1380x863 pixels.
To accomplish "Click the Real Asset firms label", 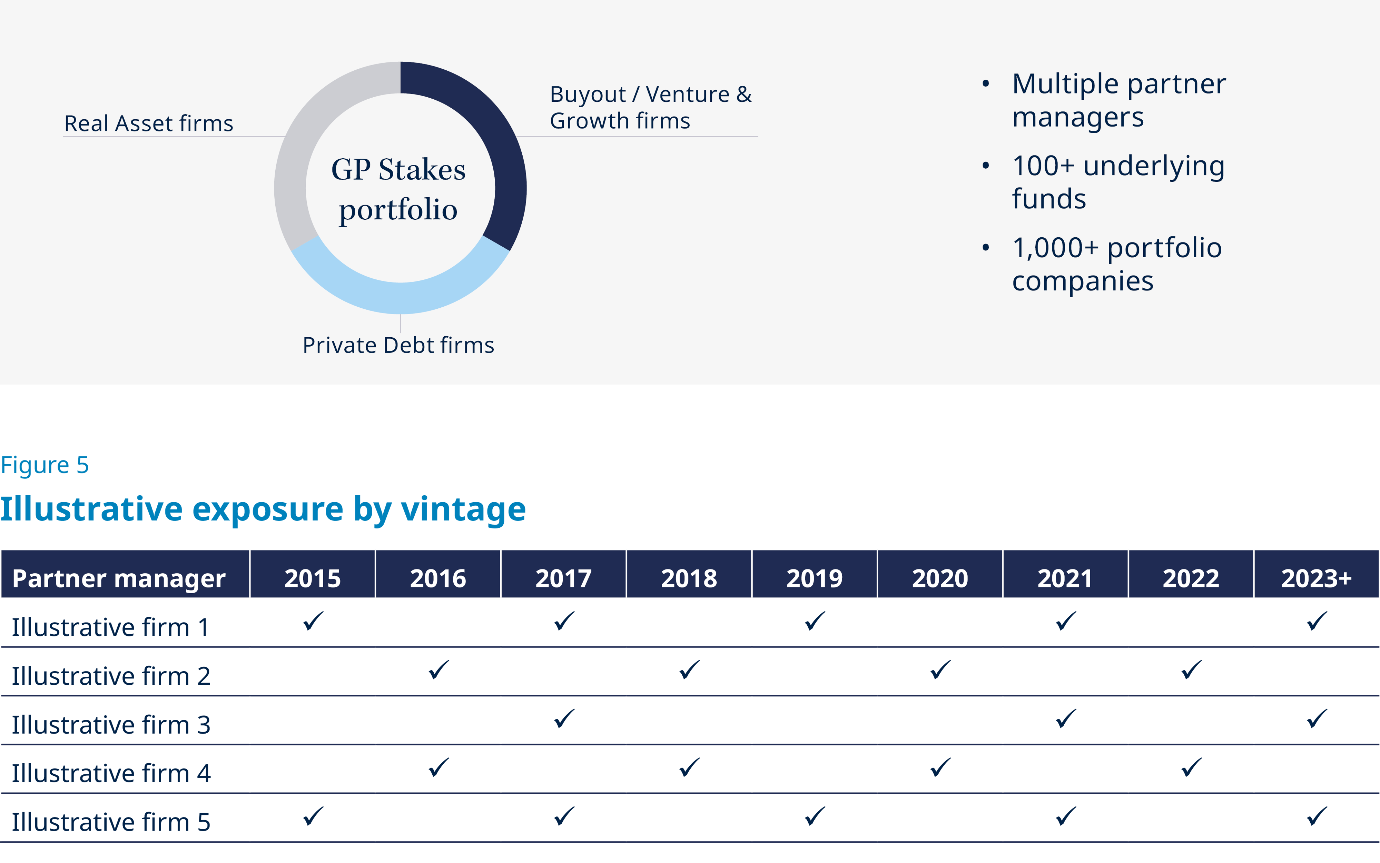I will pyautogui.click(x=148, y=123).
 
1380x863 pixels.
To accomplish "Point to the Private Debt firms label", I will pyautogui.click(x=398, y=345).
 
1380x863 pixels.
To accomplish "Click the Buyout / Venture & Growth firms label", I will pyautogui.click(x=650, y=107).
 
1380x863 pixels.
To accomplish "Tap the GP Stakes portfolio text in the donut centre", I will pyautogui.click(x=398, y=189).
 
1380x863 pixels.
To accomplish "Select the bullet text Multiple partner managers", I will pyautogui.click(x=1118, y=100).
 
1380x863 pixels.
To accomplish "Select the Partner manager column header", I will pyautogui.click(x=119, y=578).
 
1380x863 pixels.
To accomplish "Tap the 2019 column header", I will pyautogui.click(x=815, y=578).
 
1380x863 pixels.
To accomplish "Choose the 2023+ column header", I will pyautogui.click(x=1316, y=578).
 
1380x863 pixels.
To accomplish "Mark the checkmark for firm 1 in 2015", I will pyautogui.click(x=313, y=621).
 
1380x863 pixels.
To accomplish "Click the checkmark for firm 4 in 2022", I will pyautogui.click(x=1191, y=767).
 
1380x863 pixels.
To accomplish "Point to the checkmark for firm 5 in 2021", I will pyautogui.click(x=1066, y=816).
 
